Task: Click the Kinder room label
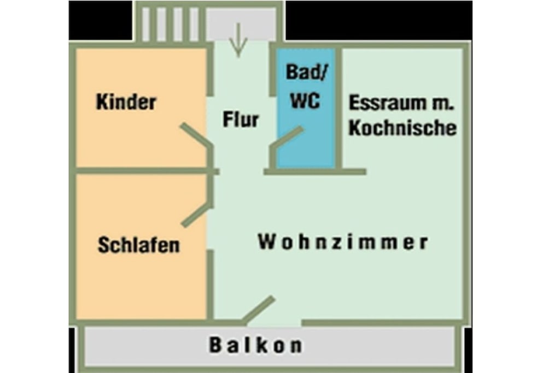(126, 102)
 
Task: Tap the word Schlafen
(138, 245)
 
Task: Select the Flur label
(241, 119)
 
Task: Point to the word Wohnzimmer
(343, 242)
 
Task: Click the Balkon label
(256, 345)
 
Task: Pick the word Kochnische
(402, 128)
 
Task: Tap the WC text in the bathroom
(305, 100)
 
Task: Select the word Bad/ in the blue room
(306, 73)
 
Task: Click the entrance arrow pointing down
(238, 40)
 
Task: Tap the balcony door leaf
(259, 310)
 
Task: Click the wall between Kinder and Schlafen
(144, 171)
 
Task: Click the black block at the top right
(378, 20)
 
